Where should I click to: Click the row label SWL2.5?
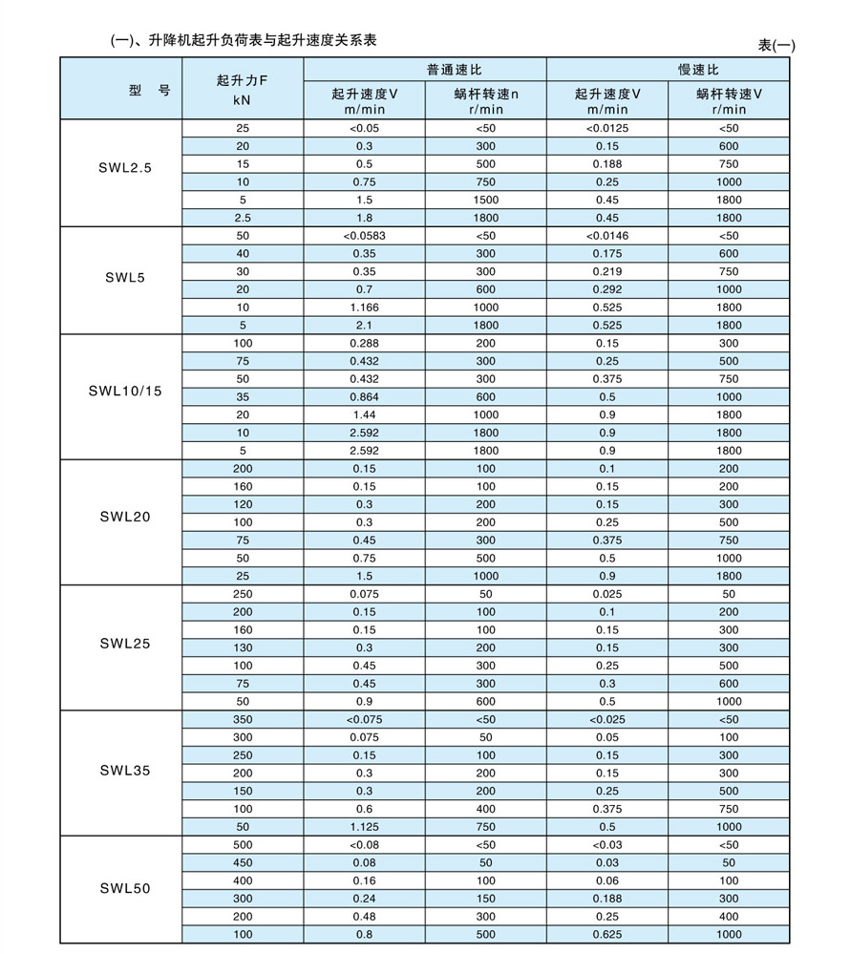124,167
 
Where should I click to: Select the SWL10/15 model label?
124,392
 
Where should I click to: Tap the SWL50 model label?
124,888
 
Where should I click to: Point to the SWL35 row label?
124,770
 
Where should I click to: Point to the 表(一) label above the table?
776,46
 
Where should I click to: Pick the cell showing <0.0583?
364,236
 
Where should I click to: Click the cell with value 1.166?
364,307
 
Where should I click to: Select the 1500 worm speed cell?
486,200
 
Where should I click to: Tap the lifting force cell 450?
243,862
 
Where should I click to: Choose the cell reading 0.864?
364,397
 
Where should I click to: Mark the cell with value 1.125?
364,827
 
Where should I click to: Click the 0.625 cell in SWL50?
606,934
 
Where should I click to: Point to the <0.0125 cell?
606,128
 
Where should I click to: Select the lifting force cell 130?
243,648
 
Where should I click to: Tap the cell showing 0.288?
364,343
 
